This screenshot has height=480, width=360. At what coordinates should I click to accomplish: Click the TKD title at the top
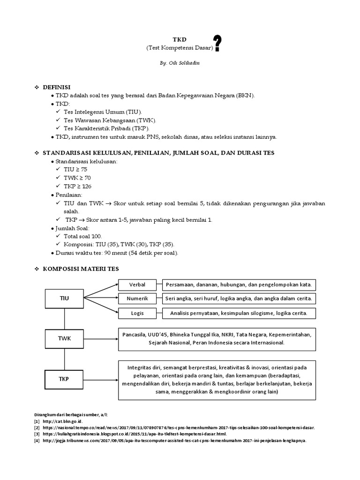pyautogui.click(x=180, y=40)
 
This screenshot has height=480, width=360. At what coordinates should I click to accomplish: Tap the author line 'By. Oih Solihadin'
pyautogui.click(x=180, y=63)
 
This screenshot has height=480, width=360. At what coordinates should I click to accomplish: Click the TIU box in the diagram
pyautogui.click(x=64, y=298)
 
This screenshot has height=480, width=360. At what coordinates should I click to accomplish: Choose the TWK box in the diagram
pyautogui.click(x=64, y=338)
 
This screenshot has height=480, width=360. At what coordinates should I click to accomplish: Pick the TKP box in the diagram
pyautogui.click(x=64, y=379)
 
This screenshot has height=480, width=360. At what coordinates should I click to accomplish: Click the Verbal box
pyautogui.click(x=138, y=284)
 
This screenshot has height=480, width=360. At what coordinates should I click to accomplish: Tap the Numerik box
pyautogui.click(x=138, y=298)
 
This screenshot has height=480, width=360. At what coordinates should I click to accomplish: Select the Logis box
pyautogui.click(x=138, y=313)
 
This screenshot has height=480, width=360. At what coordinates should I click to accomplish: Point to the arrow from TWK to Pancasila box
pyautogui.click(x=100, y=338)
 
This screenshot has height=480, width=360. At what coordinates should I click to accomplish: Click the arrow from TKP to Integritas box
pyautogui.click(x=100, y=379)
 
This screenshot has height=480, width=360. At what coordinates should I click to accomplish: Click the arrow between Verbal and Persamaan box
pyautogui.click(x=159, y=284)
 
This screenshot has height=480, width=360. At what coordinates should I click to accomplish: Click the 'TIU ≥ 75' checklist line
pyautogui.click(x=75, y=169)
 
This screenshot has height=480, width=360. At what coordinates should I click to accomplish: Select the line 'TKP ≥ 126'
pyautogui.click(x=77, y=186)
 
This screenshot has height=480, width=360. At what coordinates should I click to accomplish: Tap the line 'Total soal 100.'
pyautogui.click(x=83, y=236)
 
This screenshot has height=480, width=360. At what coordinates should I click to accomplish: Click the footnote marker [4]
pyautogui.click(x=37, y=441)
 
